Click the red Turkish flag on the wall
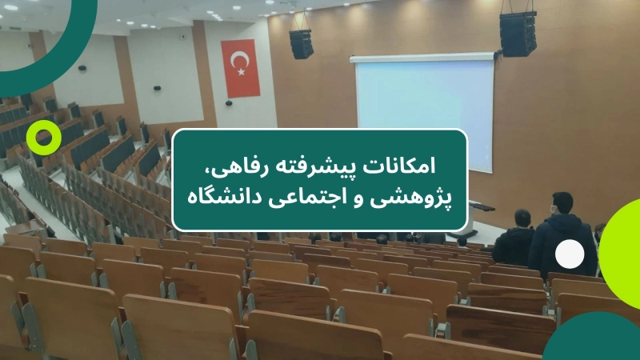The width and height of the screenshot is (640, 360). [240, 68]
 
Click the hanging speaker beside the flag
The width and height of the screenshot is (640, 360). [302, 44]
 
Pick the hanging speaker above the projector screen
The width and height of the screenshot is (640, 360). [518, 33]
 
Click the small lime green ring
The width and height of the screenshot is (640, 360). [44, 138]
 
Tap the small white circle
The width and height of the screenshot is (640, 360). [570, 254]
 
